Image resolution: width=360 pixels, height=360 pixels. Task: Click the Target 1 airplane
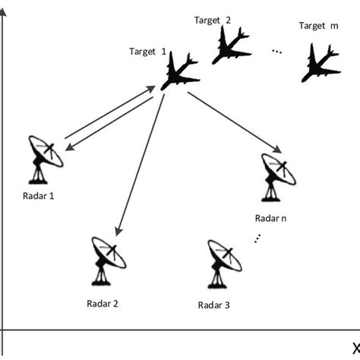coord(180,72)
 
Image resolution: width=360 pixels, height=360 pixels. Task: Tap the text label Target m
coord(317,26)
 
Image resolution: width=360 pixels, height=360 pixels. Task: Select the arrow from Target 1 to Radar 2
coord(137,163)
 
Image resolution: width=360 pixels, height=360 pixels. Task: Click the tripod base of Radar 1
coord(38,175)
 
